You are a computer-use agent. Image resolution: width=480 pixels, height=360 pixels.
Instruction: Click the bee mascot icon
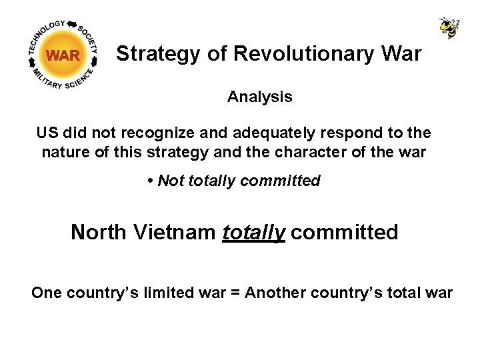point(449,27)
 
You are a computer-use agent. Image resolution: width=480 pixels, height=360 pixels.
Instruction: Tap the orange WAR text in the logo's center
point(63,55)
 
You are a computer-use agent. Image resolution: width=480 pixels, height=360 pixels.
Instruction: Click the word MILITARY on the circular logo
point(46,78)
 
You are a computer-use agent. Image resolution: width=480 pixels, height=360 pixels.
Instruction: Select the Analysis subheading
point(259,97)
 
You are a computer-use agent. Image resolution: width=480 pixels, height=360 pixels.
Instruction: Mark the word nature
point(64,152)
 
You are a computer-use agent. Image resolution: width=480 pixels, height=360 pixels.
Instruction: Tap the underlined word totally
point(254,232)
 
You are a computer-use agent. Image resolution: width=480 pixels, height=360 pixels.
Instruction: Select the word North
point(98,232)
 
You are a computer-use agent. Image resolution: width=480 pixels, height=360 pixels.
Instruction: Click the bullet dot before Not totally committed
point(151,181)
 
